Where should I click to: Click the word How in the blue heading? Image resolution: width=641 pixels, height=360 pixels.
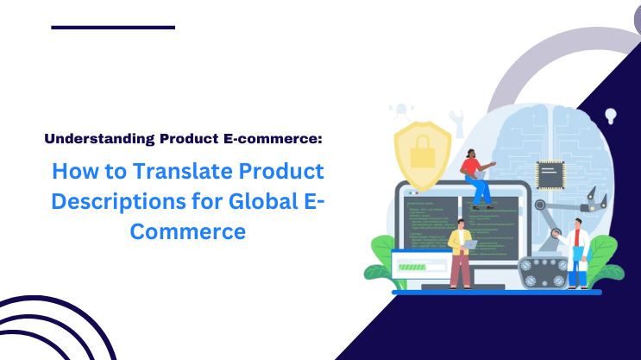point(74,171)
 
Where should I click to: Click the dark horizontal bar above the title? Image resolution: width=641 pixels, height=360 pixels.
point(113,28)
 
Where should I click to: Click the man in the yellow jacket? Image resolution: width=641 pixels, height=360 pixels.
point(460,250)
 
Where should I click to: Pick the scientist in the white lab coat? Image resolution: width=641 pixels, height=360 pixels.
point(575,255)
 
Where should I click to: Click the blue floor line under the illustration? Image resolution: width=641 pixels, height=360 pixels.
point(496,292)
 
